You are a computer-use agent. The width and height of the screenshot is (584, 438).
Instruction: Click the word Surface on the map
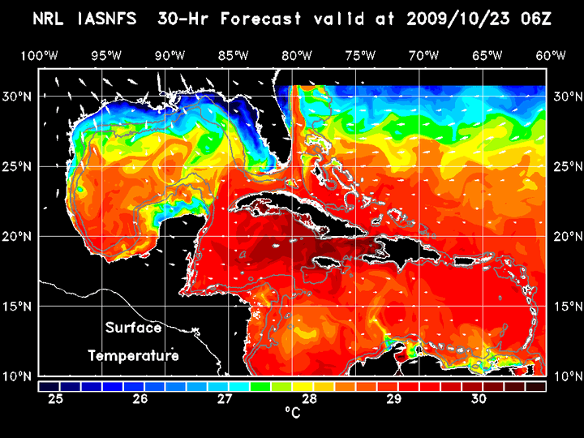(x=133, y=328)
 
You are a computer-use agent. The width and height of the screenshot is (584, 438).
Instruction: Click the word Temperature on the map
(x=133, y=355)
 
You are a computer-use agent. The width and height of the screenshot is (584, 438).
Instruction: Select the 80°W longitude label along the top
(x=298, y=55)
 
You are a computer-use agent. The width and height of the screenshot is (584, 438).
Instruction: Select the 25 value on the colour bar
(x=56, y=399)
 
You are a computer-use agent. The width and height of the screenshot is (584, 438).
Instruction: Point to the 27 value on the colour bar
(x=225, y=399)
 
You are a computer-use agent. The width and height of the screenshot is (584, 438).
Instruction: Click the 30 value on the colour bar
(x=478, y=399)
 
